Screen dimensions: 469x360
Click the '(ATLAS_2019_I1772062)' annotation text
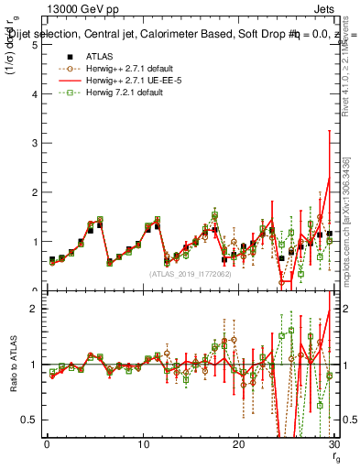(x=190, y=274)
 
